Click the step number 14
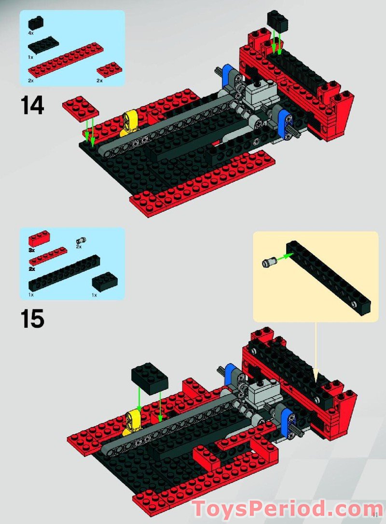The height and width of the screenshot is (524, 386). click(x=32, y=106)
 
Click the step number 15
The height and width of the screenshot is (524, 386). click(x=32, y=319)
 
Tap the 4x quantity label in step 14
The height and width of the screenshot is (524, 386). click(x=31, y=34)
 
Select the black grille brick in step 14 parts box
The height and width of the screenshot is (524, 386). click(x=35, y=23)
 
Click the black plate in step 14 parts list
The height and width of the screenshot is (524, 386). click(x=43, y=45)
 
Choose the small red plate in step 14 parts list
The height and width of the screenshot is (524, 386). click(x=109, y=70)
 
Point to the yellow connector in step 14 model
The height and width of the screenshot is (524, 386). click(x=130, y=121)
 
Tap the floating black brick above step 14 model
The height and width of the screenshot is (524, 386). click(x=277, y=22)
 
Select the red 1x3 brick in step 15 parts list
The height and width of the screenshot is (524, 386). click(x=39, y=238)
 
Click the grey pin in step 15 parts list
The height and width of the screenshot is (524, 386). click(x=81, y=240)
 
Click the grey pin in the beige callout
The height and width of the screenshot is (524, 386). click(x=268, y=263)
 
